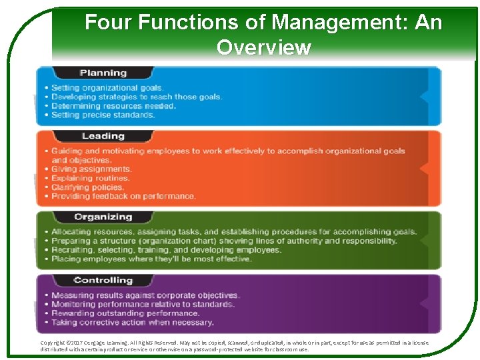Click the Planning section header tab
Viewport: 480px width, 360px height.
pos(103,73)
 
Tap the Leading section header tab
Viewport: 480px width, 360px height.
pos(103,136)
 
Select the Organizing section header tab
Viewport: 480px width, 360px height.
pos(103,217)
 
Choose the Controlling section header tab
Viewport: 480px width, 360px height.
pos(103,281)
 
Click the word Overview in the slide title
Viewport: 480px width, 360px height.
pos(263,48)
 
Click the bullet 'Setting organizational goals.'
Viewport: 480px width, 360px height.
pos(107,88)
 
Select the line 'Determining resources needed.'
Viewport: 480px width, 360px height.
pos(113,106)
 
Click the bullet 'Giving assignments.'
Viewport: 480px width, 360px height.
pos(91,169)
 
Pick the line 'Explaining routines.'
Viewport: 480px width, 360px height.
pos(91,179)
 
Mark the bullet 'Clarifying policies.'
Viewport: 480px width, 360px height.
pos(89,187)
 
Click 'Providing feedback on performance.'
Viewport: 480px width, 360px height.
pos(123,197)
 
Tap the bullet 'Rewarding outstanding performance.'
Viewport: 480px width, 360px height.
pos(125,313)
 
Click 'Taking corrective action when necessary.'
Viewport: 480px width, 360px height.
pos(133,323)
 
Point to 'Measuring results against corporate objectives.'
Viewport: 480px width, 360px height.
pos(145,295)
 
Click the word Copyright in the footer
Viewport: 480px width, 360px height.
pos(53,343)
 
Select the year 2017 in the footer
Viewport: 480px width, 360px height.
pos(78,343)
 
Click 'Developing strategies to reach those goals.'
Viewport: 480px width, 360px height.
pos(137,97)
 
